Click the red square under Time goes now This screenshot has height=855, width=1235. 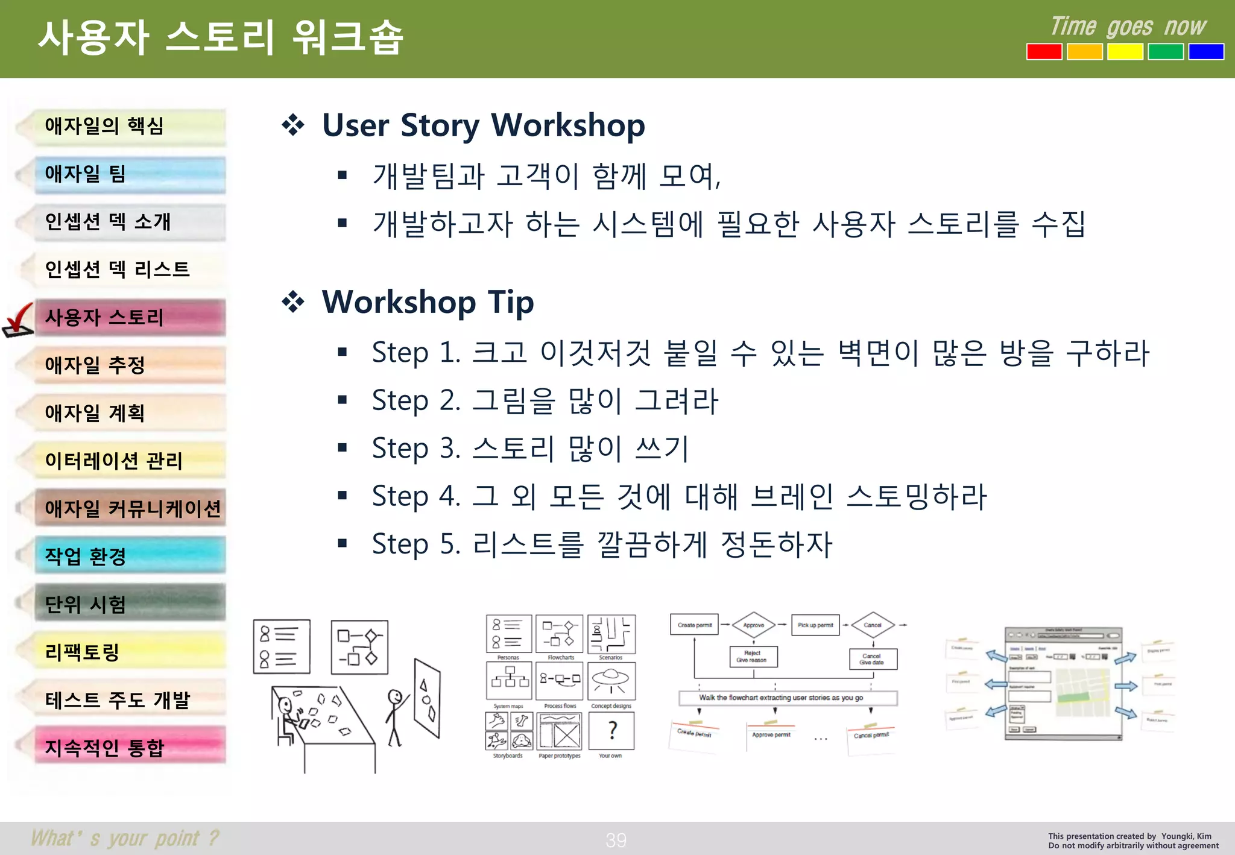tap(1044, 52)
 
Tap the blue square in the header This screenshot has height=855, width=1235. tap(1206, 52)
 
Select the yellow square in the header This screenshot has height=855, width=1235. tap(1125, 52)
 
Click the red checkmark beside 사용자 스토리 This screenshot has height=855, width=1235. tap(18, 320)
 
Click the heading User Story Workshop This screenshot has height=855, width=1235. tap(482, 125)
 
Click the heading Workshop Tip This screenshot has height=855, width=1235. tap(427, 302)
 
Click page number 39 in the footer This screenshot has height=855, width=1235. tap(616, 840)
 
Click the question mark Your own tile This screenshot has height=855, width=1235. tap(611, 731)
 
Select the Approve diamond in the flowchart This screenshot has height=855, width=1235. tap(753, 625)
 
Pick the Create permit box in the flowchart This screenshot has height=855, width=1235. tap(694, 625)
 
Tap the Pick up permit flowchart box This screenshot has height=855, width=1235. tap(815, 625)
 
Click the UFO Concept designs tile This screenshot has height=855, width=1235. tap(611, 681)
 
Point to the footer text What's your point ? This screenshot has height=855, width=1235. tap(125, 838)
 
